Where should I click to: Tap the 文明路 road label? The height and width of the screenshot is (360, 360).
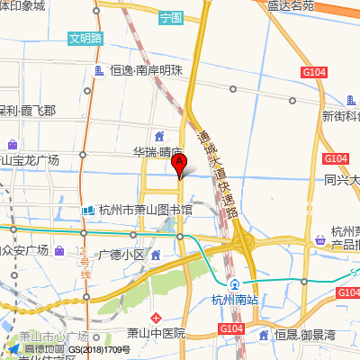pyautogui.click(x=85, y=40)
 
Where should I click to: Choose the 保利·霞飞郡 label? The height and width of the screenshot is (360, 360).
pyautogui.click(x=27, y=111)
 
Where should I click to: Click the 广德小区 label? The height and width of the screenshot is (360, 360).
pyautogui.click(x=121, y=255)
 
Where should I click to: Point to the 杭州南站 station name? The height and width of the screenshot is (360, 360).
pyautogui.click(x=235, y=300)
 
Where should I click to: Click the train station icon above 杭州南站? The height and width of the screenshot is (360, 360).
pyautogui.click(x=235, y=284)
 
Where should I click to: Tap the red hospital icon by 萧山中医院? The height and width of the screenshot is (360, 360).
pyautogui.click(x=157, y=318)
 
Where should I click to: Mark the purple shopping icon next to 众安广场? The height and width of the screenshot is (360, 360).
pyautogui.click(x=59, y=250)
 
